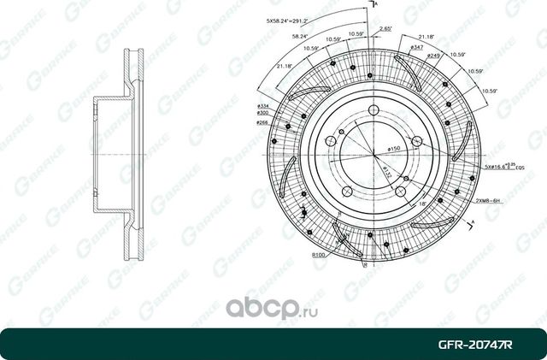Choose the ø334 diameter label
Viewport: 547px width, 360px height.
(x=263, y=104)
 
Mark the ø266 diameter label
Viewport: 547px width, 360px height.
(x=263, y=123)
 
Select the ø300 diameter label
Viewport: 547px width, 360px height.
(x=263, y=113)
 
